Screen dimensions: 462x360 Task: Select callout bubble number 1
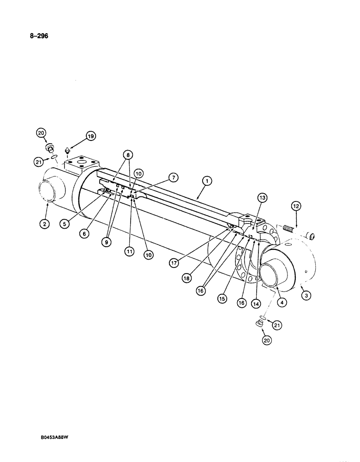[x=207, y=182]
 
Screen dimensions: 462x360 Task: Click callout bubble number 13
[x=262, y=198]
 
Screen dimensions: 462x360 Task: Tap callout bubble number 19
[x=90, y=136]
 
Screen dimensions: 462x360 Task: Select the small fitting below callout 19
[x=67, y=150]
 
